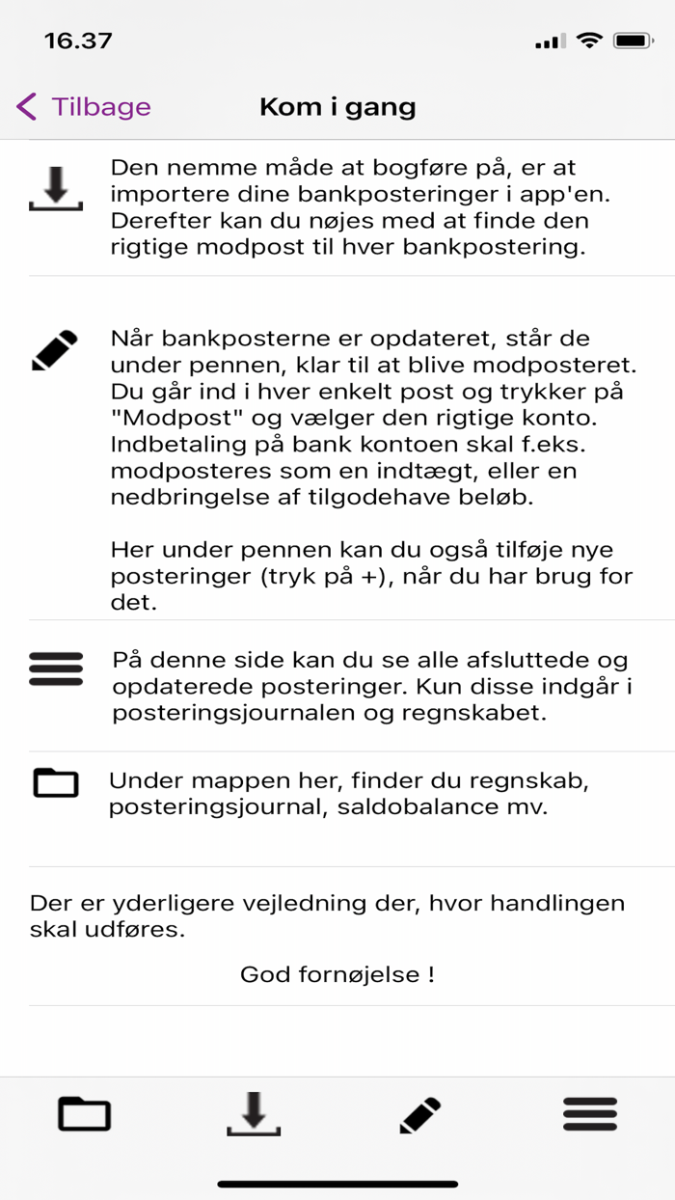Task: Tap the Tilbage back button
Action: click(84, 106)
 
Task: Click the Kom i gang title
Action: click(337, 106)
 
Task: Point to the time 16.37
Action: click(78, 41)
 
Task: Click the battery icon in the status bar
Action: click(634, 41)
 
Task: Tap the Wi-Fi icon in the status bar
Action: click(587, 41)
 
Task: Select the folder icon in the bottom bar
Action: click(85, 1114)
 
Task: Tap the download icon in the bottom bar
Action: click(254, 1114)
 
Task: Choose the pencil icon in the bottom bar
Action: click(420, 1115)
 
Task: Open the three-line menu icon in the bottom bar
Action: click(589, 1114)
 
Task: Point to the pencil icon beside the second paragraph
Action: click(55, 351)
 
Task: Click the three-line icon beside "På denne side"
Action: click(56, 668)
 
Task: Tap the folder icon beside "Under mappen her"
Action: click(56, 782)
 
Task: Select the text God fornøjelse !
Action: click(337, 974)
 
